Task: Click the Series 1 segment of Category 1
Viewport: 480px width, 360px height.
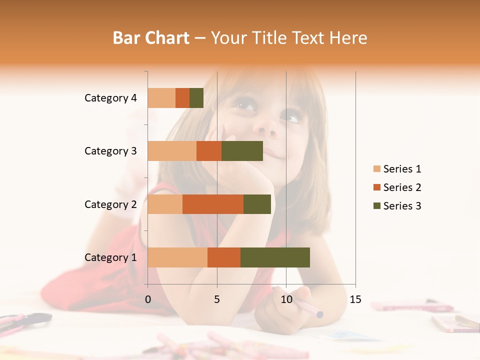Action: (x=177, y=257)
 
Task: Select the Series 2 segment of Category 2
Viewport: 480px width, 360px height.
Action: (x=213, y=204)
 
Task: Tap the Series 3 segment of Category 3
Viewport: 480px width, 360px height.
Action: (x=242, y=151)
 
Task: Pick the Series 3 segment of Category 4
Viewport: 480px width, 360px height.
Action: (x=196, y=98)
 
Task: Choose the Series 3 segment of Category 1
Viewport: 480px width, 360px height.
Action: (x=275, y=257)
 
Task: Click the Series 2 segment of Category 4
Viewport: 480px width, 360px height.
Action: (x=182, y=98)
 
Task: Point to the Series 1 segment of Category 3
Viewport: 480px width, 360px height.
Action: (x=172, y=151)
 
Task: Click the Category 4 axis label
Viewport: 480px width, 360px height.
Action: (x=110, y=98)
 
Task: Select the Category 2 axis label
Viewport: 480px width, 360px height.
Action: (x=110, y=204)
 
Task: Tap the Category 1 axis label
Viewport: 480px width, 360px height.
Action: (x=110, y=257)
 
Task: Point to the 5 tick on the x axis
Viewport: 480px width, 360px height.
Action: (x=217, y=299)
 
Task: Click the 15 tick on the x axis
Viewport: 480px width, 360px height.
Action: (x=355, y=299)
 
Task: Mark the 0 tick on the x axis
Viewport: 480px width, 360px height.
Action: (x=148, y=299)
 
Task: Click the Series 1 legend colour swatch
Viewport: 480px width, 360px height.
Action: (x=376, y=169)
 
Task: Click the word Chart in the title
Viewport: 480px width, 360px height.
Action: (x=168, y=38)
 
